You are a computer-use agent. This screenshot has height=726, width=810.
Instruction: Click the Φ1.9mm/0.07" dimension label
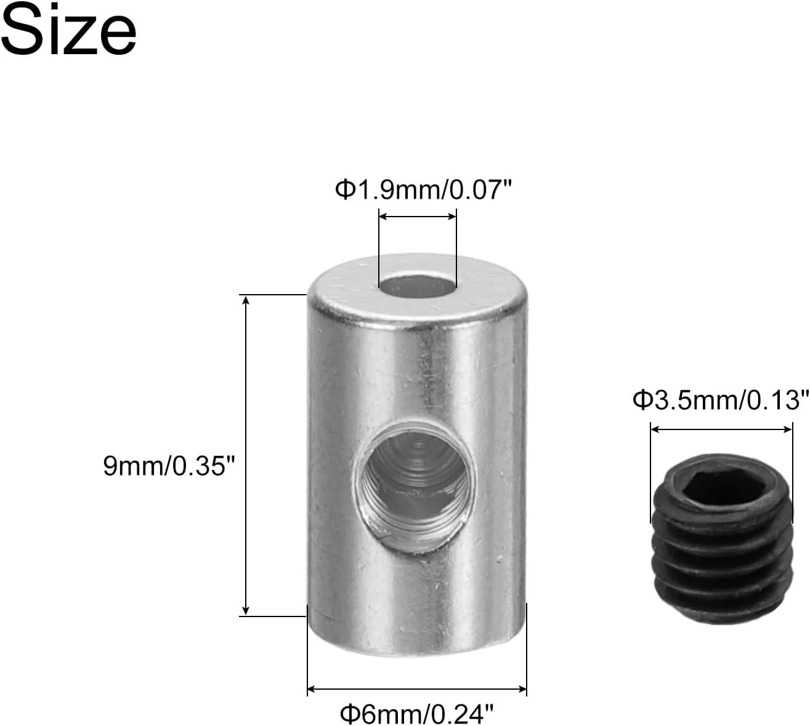pos(423,189)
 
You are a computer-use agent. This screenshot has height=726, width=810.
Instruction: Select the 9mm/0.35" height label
pos(169,466)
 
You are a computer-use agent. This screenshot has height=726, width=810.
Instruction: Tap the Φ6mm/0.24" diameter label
pos(416,714)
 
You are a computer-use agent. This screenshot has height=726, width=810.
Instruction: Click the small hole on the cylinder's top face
pos(418,286)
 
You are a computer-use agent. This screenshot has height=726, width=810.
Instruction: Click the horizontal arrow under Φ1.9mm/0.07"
pos(418,217)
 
